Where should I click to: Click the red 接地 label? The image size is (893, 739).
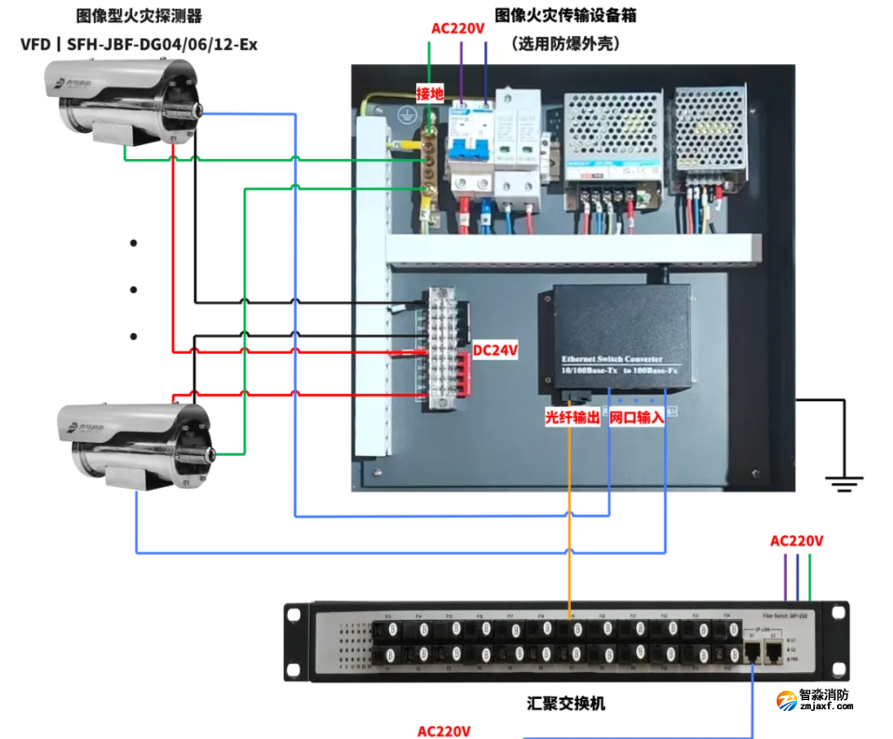click(430, 93)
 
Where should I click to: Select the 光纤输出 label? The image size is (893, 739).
click(572, 418)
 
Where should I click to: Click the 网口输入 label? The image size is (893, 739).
click(637, 418)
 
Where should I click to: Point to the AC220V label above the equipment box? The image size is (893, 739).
click(458, 28)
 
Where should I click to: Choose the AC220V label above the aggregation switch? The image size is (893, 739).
click(796, 541)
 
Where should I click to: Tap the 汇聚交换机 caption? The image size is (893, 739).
click(565, 704)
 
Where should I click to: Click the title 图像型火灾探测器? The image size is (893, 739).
click(139, 16)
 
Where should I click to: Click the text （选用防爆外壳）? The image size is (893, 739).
click(565, 43)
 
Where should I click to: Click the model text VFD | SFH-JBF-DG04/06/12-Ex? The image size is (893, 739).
click(139, 43)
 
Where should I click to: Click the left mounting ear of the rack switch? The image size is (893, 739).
click(297, 641)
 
